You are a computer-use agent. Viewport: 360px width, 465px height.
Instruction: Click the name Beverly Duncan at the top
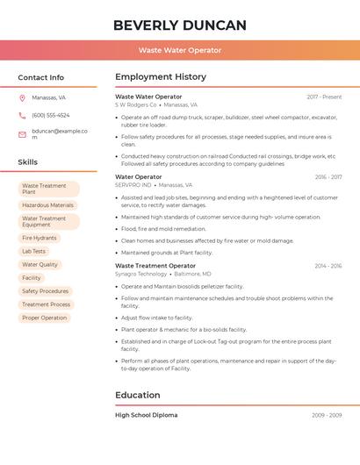pyautogui.click(x=179, y=25)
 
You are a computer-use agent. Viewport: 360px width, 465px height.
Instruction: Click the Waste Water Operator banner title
pyautogui.click(x=179, y=51)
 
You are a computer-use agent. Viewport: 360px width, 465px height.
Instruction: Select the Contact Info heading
pyautogui.click(x=41, y=77)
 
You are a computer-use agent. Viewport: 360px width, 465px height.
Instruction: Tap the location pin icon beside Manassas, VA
pyautogui.click(x=22, y=98)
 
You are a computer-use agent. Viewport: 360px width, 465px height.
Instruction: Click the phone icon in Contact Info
pyautogui.click(x=22, y=115)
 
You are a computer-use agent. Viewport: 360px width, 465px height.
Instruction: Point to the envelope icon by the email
pyautogui.click(x=22, y=134)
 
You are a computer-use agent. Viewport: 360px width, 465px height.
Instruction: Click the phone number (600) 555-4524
pyautogui.click(x=50, y=115)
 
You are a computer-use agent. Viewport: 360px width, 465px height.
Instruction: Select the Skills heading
pyautogui.click(x=28, y=162)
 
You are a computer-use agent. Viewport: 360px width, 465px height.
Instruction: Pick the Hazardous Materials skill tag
pyautogui.click(x=47, y=205)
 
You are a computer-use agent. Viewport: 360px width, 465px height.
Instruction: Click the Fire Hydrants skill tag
pyautogui.click(x=40, y=238)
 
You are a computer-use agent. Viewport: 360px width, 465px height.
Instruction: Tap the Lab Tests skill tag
pyautogui.click(x=33, y=251)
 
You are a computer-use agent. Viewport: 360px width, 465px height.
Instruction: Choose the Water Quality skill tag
pyautogui.click(x=40, y=264)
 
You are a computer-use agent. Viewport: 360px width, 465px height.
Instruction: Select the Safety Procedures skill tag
pyautogui.click(x=45, y=291)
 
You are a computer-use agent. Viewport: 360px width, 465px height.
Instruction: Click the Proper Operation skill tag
pyautogui.click(x=45, y=318)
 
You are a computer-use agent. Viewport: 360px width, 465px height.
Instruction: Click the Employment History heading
pyautogui.click(x=161, y=77)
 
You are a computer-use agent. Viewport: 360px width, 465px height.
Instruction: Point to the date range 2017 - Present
pyautogui.click(x=324, y=97)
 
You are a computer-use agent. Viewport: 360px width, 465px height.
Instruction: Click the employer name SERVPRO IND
pyautogui.click(x=133, y=185)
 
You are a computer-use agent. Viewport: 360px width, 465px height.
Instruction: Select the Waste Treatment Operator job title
pyautogui.click(x=155, y=265)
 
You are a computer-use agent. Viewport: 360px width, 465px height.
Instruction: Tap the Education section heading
pyautogui.click(x=138, y=395)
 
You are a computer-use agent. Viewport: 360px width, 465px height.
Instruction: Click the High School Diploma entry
pyautogui.click(x=146, y=415)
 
